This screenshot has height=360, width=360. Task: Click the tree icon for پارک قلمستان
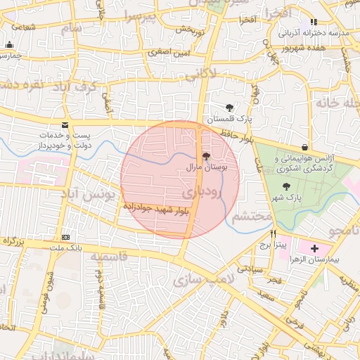(231, 108)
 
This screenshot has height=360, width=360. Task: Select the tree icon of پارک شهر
(285, 186)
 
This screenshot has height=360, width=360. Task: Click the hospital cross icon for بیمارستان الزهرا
(314, 248)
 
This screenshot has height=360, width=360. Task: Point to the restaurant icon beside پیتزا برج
(273, 234)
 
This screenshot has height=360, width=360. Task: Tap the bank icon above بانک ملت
(65, 237)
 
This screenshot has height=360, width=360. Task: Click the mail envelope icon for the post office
(65, 125)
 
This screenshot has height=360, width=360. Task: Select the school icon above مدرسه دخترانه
(314, 22)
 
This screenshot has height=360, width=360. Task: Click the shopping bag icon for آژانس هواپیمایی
(304, 147)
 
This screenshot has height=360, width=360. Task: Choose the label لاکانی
(204, 72)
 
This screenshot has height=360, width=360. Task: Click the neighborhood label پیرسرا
(143, 15)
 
